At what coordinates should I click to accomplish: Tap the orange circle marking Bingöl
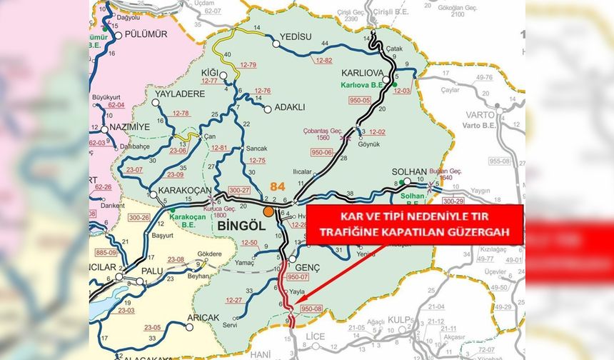(268, 211)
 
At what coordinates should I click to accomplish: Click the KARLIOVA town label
(364, 74)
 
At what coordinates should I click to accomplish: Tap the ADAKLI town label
(289, 107)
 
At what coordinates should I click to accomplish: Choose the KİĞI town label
(211, 73)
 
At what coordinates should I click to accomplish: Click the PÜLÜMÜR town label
(145, 34)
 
